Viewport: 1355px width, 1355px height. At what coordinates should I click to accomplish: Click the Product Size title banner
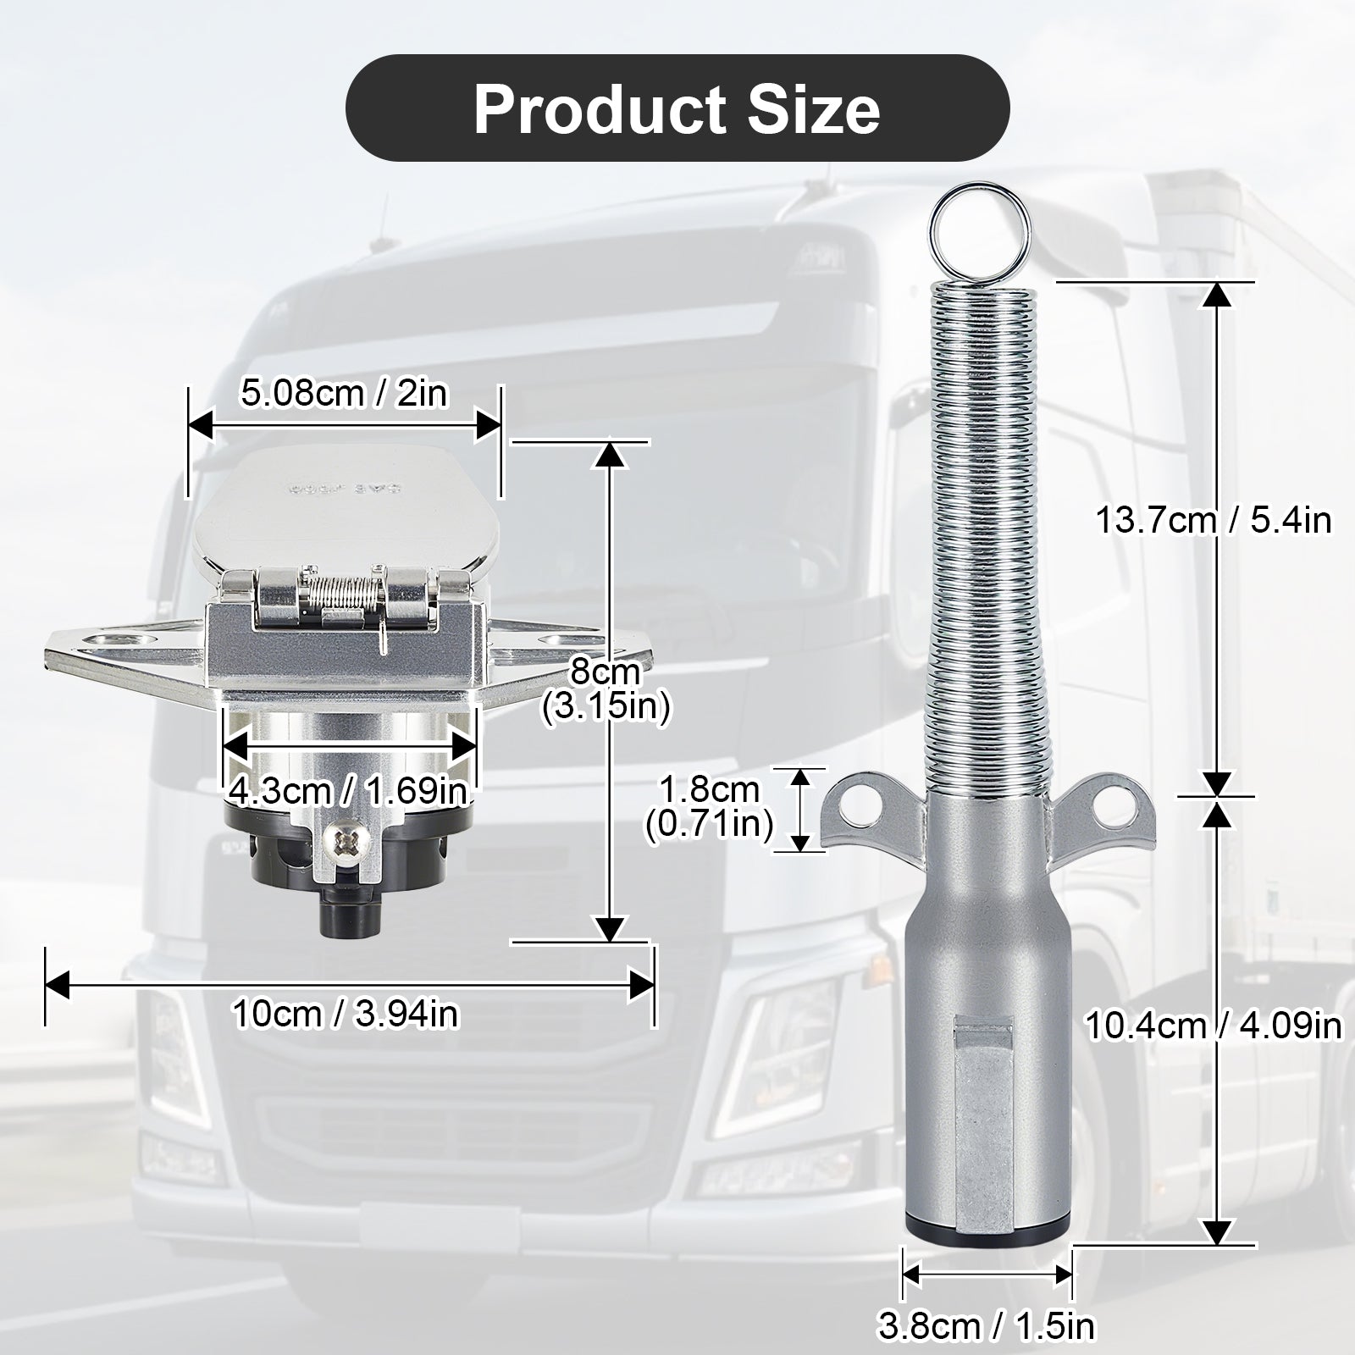[677, 108]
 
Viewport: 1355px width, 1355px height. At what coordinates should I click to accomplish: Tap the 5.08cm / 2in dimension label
[344, 394]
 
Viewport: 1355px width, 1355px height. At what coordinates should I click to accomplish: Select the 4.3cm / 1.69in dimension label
[348, 791]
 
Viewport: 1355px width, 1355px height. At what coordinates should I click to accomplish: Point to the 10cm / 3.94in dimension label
[346, 1013]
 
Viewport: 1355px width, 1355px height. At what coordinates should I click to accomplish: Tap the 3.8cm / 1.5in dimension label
[987, 1325]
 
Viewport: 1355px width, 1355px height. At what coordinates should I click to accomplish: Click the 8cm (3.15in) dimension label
[606, 691]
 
